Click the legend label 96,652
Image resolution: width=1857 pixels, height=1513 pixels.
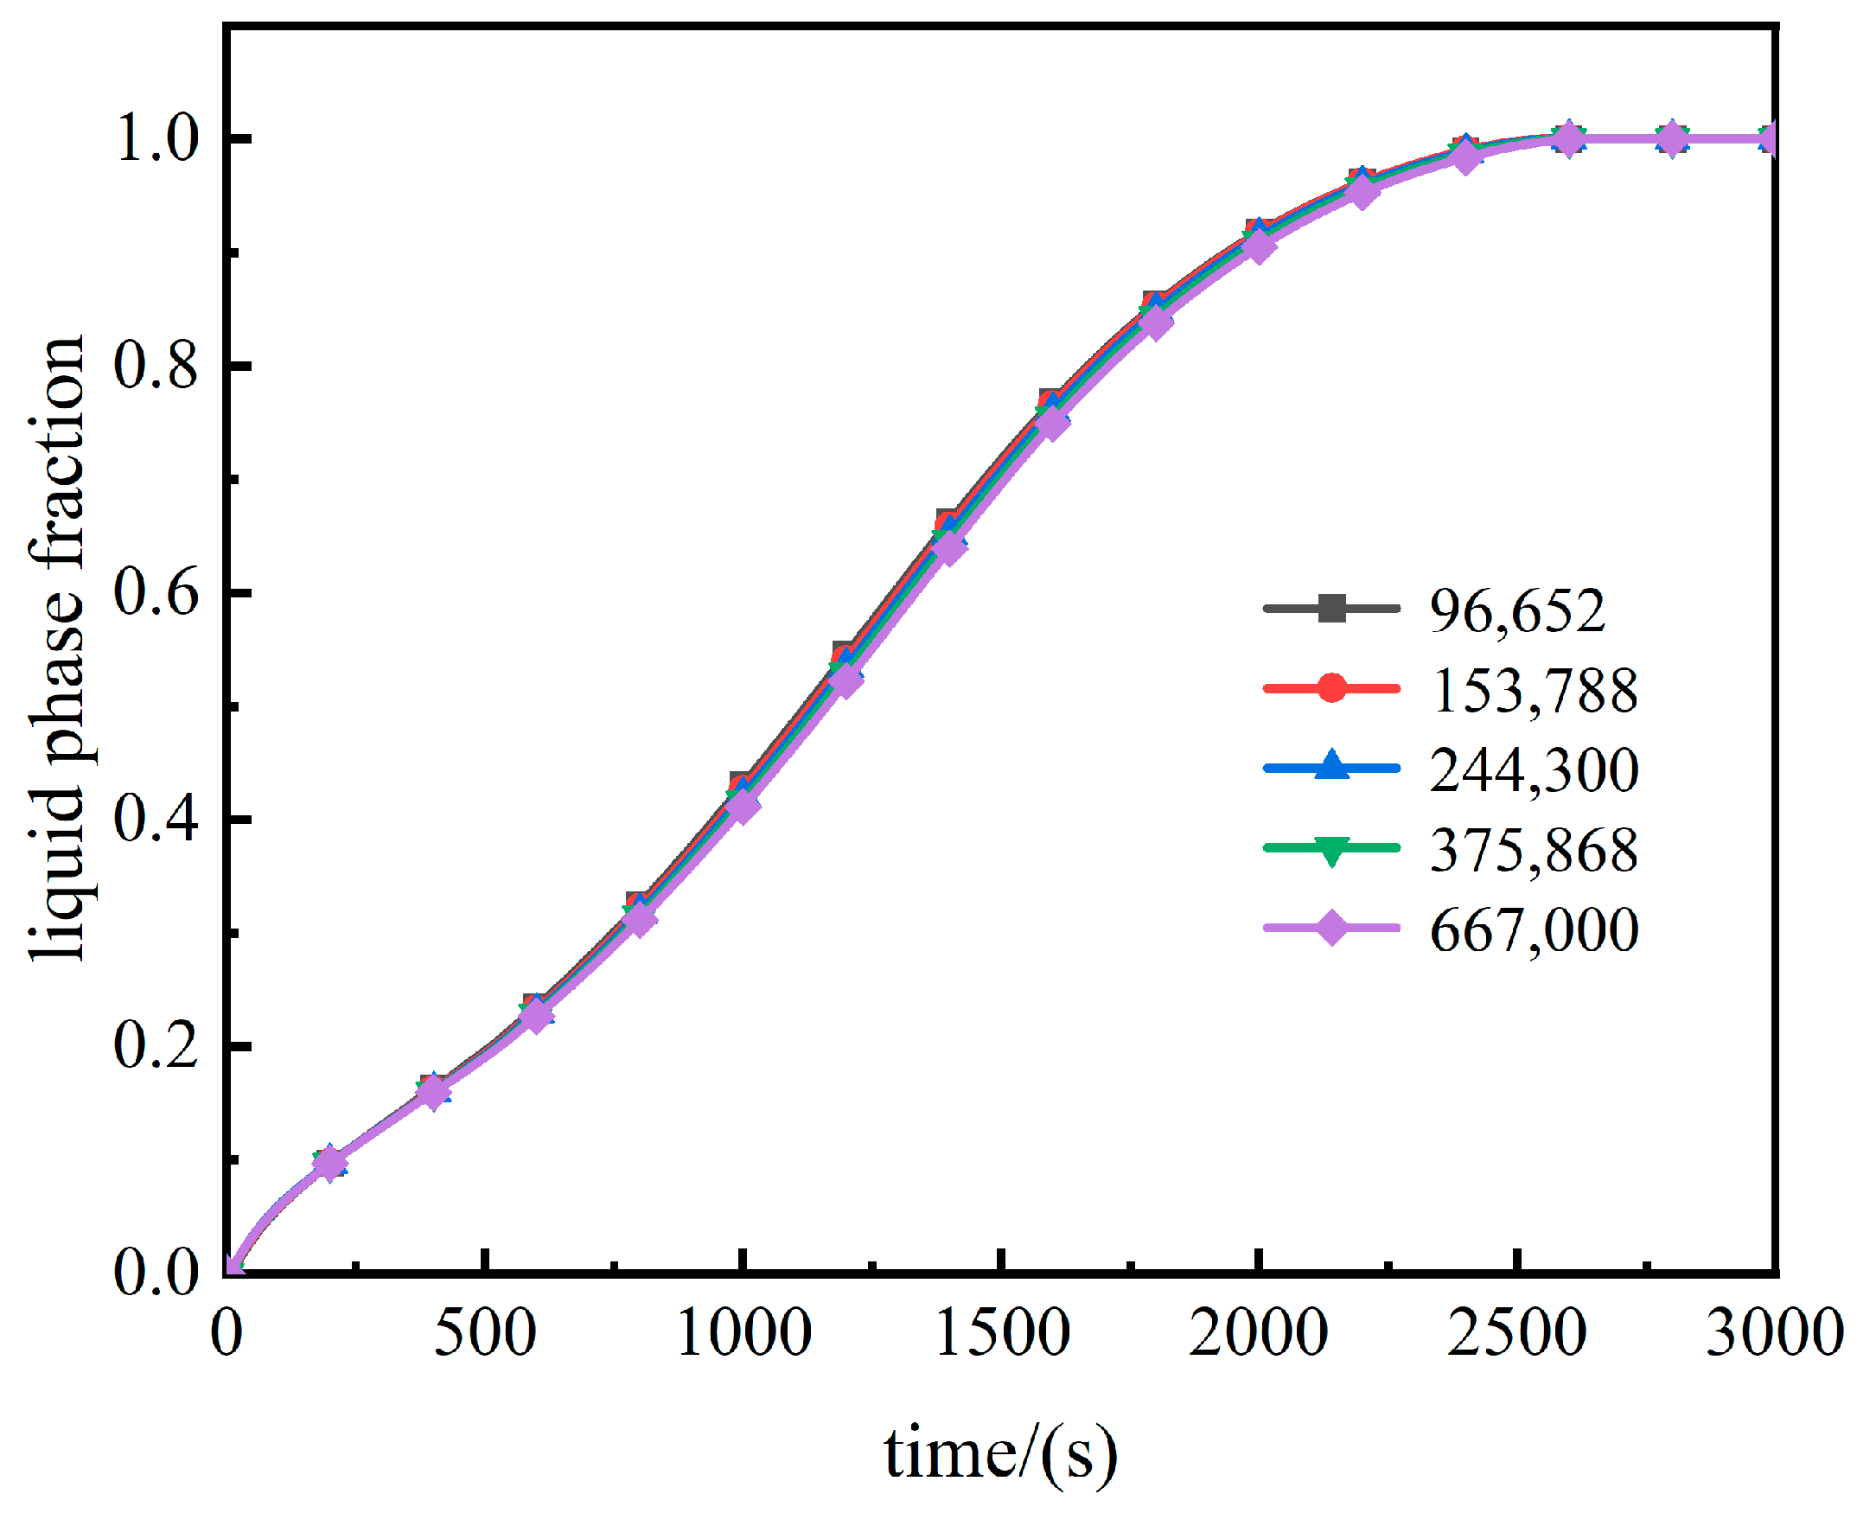tap(1516, 611)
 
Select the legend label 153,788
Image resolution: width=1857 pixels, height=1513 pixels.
tap(1533, 691)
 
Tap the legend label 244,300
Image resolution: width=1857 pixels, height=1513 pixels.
tap(1533, 770)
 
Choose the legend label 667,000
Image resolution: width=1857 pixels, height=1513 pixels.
tap(1533, 930)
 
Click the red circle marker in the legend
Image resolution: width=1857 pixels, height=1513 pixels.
tap(1331, 687)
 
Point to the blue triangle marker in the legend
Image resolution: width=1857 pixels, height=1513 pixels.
tap(1331, 766)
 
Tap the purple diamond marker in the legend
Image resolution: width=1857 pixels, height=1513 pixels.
tap(1331, 928)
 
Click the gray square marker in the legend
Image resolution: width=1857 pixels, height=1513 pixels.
tap(1331, 608)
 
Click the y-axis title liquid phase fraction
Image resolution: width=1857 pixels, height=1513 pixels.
tap(57, 649)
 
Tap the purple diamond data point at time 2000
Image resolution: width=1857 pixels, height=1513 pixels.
tap(1258, 246)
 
